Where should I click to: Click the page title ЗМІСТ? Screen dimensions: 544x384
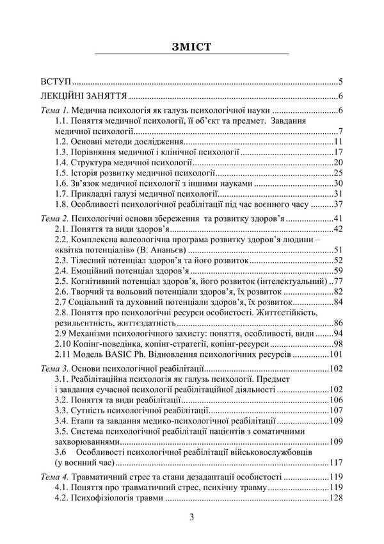[x=192, y=47]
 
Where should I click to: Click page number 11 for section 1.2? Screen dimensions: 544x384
[x=339, y=142]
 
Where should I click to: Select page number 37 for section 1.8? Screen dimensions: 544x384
[x=339, y=204]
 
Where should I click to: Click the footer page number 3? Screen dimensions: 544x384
[x=191, y=517]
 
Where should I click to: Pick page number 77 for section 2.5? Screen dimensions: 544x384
[x=339, y=281]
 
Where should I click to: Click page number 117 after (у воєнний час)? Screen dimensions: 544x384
[x=337, y=462]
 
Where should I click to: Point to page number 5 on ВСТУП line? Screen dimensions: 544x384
[x=342, y=83]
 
